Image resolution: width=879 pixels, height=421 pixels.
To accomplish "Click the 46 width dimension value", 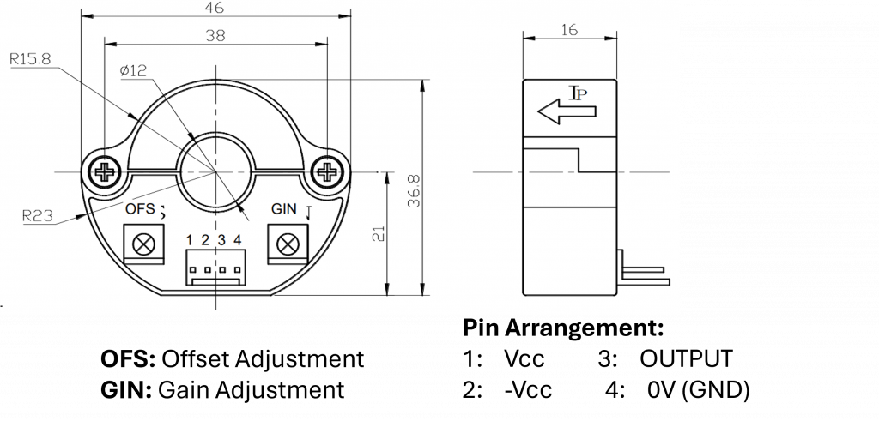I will pyautogui.click(x=215, y=8).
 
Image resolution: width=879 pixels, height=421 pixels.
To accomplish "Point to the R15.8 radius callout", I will pyautogui.click(x=30, y=59).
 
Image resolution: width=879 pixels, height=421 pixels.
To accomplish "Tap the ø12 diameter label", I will pyautogui.click(x=135, y=72).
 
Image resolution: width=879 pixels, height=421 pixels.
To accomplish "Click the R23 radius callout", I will pyautogui.click(x=38, y=217).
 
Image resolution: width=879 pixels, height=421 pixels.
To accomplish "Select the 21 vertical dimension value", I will pyautogui.click(x=379, y=234).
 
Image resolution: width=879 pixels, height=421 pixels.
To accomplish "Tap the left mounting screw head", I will pyautogui.click(x=106, y=172).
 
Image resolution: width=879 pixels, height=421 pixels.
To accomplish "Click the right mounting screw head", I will pyautogui.click(x=326, y=172).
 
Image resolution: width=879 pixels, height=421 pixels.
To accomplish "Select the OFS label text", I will pyautogui.click(x=140, y=209).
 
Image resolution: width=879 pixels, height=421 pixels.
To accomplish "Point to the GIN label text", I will pyautogui.click(x=284, y=209).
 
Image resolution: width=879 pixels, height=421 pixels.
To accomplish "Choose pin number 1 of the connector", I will pyautogui.click(x=189, y=241).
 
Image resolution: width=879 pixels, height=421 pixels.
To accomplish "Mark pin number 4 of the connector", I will pyautogui.click(x=237, y=241).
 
